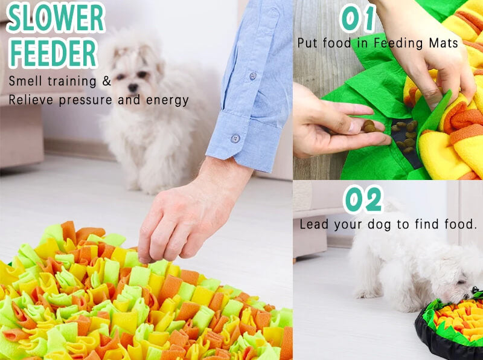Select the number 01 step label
click(358, 18)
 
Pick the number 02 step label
click(363, 199)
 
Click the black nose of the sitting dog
click(133, 88)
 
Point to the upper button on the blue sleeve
click(252, 76)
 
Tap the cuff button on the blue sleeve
click(235, 138)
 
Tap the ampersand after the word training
click(107, 81)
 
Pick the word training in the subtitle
click(72, 82)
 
